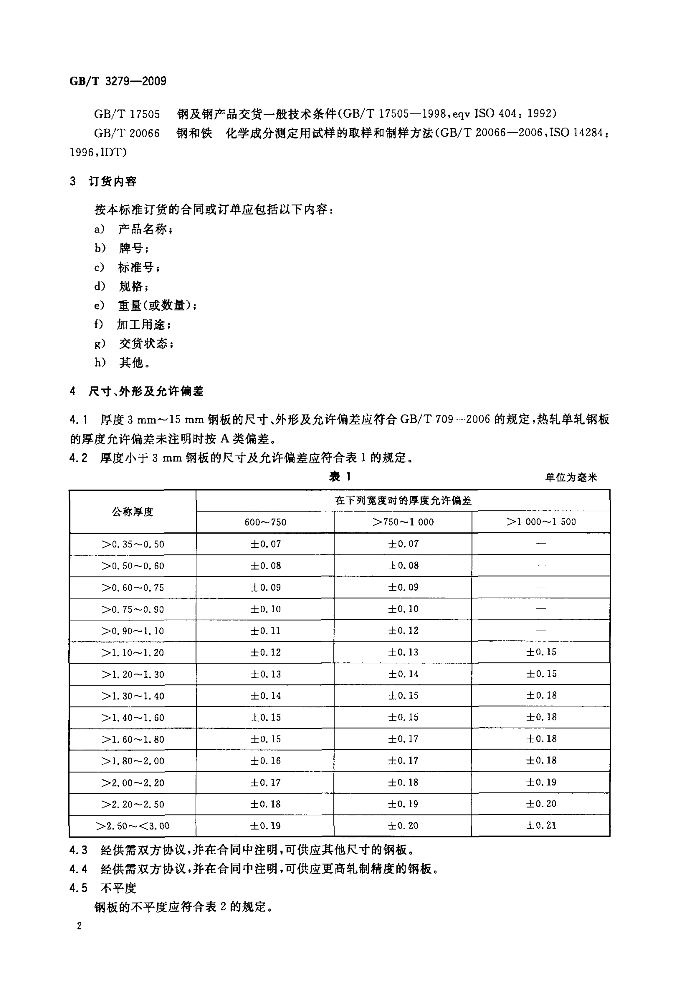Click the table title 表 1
click(x=339, y=477)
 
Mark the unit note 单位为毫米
click(x=571, y=478)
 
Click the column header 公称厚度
click(x=132, y=512)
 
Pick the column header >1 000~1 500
click(x=541, y=522)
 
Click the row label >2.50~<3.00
click(x=132, y=826)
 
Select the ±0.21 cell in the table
click(x=541, y=826)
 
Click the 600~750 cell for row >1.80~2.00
click(x=265, y=761)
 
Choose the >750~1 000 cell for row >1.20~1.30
click(x=403, y=674)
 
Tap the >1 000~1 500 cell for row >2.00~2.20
click(x=541, y=782)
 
